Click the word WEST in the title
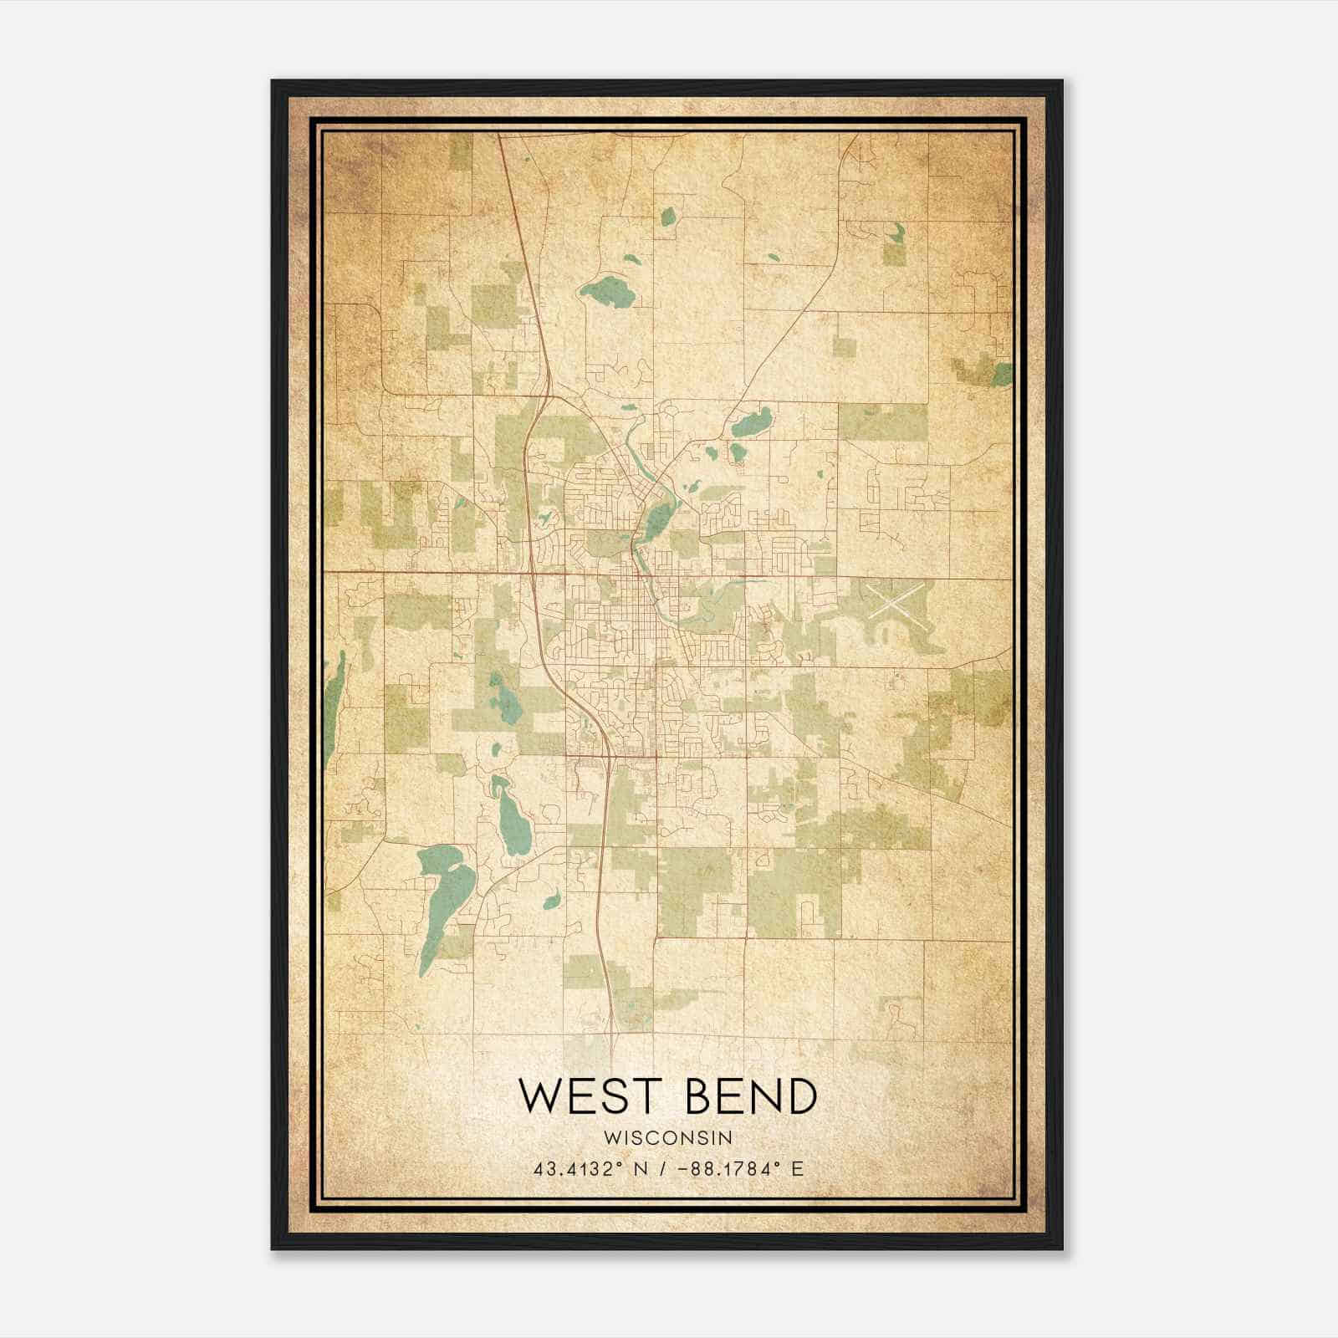[x=585, y=1096]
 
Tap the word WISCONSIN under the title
[x=668, y=1138]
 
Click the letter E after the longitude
[x=798, y=1168]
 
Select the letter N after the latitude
[x=641, y=1168]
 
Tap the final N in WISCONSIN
[x=727, y=1138]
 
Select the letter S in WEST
[x=608, y=1096]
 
